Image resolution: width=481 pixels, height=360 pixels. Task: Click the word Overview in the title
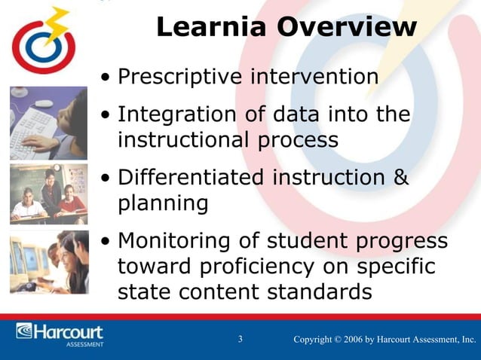click(346, 28)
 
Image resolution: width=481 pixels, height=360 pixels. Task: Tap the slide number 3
click(240, 340)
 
